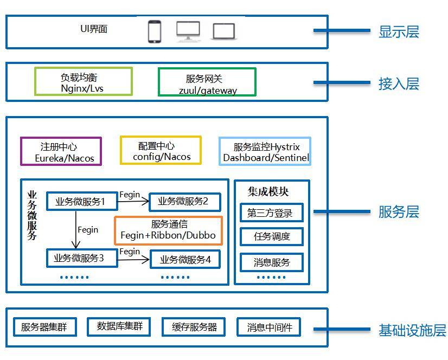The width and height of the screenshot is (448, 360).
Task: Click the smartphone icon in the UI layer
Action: click(155, 31)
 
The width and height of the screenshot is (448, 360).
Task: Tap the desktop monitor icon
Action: click(188, 31)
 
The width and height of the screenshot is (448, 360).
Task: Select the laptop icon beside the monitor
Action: click(224, 31)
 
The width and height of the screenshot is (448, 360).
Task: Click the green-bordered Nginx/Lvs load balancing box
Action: click(83, 81)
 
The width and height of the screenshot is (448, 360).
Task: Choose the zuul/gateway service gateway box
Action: click(207, 82)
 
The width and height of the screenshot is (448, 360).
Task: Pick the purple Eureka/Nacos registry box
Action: click(61, 151)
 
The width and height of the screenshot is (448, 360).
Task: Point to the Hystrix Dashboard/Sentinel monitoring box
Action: click(265, 151)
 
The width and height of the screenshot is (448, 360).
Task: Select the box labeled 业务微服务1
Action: click(80, 202)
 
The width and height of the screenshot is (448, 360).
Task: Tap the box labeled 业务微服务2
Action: click(184, 202)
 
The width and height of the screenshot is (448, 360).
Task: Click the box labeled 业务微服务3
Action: click(79, 259)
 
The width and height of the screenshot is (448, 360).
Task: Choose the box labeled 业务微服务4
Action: click(185, 260)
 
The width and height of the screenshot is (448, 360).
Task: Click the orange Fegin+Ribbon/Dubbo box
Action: click(168, 230)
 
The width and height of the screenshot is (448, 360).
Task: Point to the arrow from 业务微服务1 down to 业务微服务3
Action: click(75, 230)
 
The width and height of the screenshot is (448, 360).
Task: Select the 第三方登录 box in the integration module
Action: click(271, 213)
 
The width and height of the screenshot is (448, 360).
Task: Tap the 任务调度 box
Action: click(271, 236)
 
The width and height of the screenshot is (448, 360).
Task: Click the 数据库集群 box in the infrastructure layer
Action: click(119, 326)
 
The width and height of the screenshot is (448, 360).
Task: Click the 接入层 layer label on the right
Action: click(399, 84)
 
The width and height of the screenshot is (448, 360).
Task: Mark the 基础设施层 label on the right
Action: click(412, 330)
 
